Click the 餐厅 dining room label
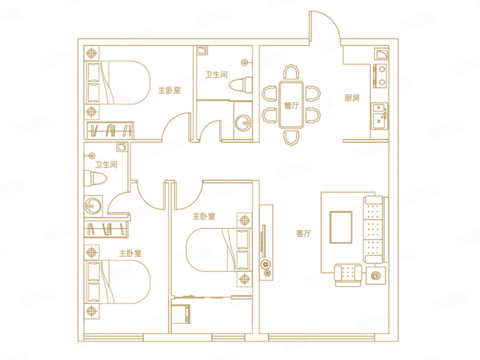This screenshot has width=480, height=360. coord(291,106)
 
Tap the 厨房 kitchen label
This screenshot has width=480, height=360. coord(352,98)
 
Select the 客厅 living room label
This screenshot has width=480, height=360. coord(304,234)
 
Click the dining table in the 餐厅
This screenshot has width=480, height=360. coord(291,104)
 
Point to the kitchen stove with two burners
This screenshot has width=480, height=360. coord(379,76)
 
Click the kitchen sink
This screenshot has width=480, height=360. coord(379,116)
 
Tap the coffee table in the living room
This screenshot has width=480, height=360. coord(341,227)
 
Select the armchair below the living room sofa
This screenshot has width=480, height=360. coord(348,275)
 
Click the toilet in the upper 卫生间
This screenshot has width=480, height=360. coord(241,85)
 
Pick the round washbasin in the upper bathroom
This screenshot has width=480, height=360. coord(244,123)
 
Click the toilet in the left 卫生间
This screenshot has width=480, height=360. coord(95,179)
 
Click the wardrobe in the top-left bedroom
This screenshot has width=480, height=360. coord(111,130)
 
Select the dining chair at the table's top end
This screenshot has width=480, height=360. coord(291,72)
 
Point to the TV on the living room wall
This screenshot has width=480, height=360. coord(263,241)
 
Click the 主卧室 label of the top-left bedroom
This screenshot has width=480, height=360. coord(169,90)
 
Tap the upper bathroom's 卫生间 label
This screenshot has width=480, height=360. coord(216,74)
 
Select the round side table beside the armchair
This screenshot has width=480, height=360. coord(376,275)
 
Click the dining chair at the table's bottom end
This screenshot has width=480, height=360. coord(291,137)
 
